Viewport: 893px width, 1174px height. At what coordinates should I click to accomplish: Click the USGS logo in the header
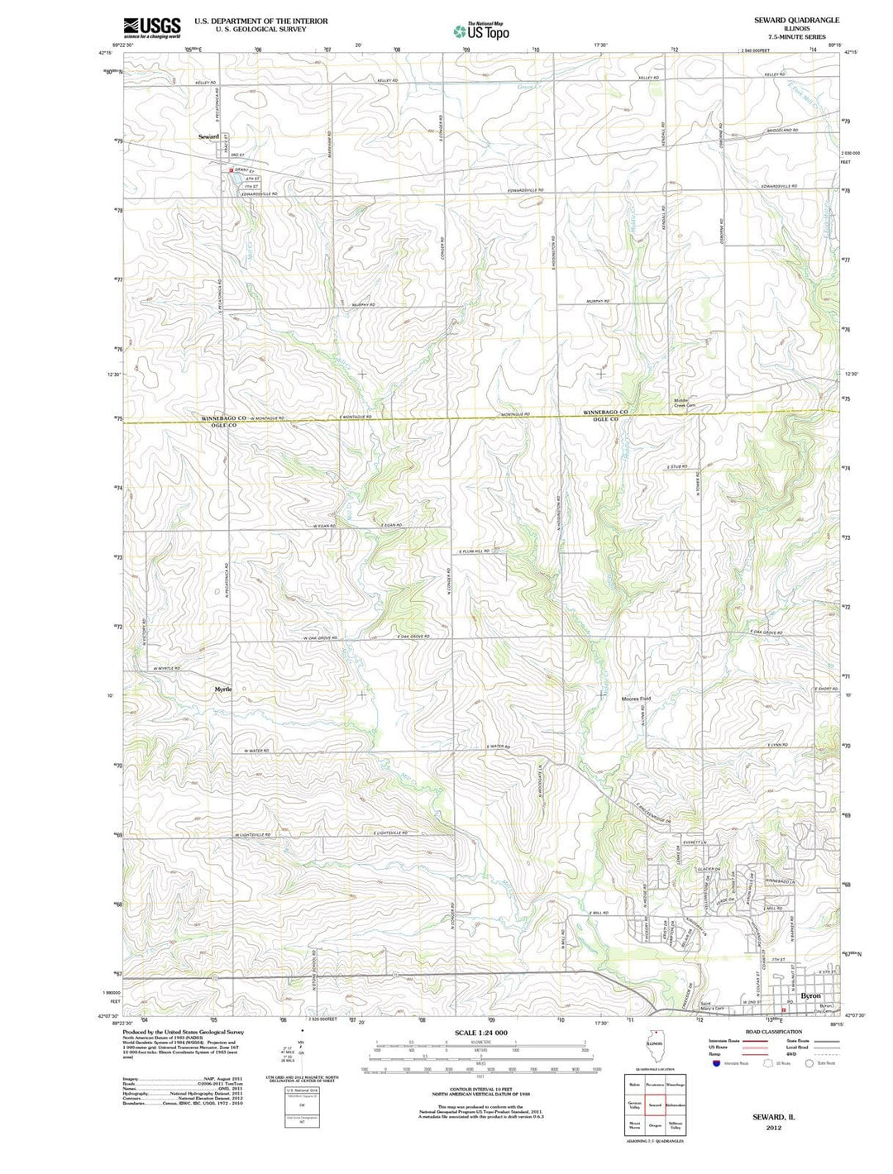[x=151, y=27]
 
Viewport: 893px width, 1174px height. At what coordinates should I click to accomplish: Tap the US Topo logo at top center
[x=481, y=31]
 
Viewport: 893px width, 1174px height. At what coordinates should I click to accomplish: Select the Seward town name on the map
[x=208, y=136]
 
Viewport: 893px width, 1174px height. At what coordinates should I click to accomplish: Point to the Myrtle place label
[x=223, y=688]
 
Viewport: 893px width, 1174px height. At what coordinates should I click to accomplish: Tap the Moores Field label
[x=636, y=699]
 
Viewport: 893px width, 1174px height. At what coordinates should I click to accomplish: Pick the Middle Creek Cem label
[x=685, y=403]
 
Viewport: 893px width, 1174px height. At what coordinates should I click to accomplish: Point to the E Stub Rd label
[x=677, y=467]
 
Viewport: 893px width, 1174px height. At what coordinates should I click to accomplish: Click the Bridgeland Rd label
[x=781, y=131]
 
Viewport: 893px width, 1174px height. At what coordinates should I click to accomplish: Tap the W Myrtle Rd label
[x=166, y=668]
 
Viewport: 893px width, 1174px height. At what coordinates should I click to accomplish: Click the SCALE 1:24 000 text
[x=481, y=1033]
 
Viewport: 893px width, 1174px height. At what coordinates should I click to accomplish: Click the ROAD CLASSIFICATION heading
[x=773, y=1032]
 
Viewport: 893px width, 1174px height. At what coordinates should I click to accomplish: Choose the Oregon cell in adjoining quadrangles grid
[x=655, y=1125]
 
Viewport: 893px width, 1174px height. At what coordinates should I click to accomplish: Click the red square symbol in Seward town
[x=232, y=171]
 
